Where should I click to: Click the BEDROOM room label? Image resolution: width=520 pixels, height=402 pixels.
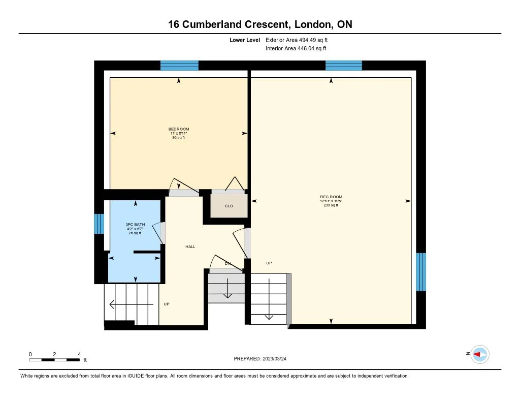coord(179,129)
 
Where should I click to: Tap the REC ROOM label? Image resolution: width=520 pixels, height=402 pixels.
coord(331,197)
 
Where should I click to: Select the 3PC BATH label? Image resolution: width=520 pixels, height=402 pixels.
coord(134,225)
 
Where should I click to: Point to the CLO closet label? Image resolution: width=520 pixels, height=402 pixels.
coord(229,206)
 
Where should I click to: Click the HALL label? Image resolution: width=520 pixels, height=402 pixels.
coord(190,246)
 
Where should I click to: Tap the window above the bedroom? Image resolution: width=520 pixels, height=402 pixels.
coord(179,65)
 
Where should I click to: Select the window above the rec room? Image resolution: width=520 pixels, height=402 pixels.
coord(344,65)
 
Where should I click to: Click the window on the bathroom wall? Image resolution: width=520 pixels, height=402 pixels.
coord(99,224)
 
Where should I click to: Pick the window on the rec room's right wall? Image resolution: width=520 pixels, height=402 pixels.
coord(421,272)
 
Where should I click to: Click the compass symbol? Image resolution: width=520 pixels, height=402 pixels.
coord(479,354)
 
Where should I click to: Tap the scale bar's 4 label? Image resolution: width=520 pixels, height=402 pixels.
coord(79,354)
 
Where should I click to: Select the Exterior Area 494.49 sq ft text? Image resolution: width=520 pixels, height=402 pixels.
coord(301,40)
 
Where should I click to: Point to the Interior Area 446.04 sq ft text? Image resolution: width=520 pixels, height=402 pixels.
coord(296,49)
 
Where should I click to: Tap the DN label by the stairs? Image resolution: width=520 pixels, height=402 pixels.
coord(227,263)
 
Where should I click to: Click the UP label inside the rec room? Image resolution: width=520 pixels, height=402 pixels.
coord(269,263)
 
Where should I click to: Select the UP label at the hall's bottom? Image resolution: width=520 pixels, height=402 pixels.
coord(166,304)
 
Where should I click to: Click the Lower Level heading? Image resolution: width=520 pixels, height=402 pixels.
coord(245,40)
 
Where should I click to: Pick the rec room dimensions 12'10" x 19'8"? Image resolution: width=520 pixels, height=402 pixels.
coord(331,201)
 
